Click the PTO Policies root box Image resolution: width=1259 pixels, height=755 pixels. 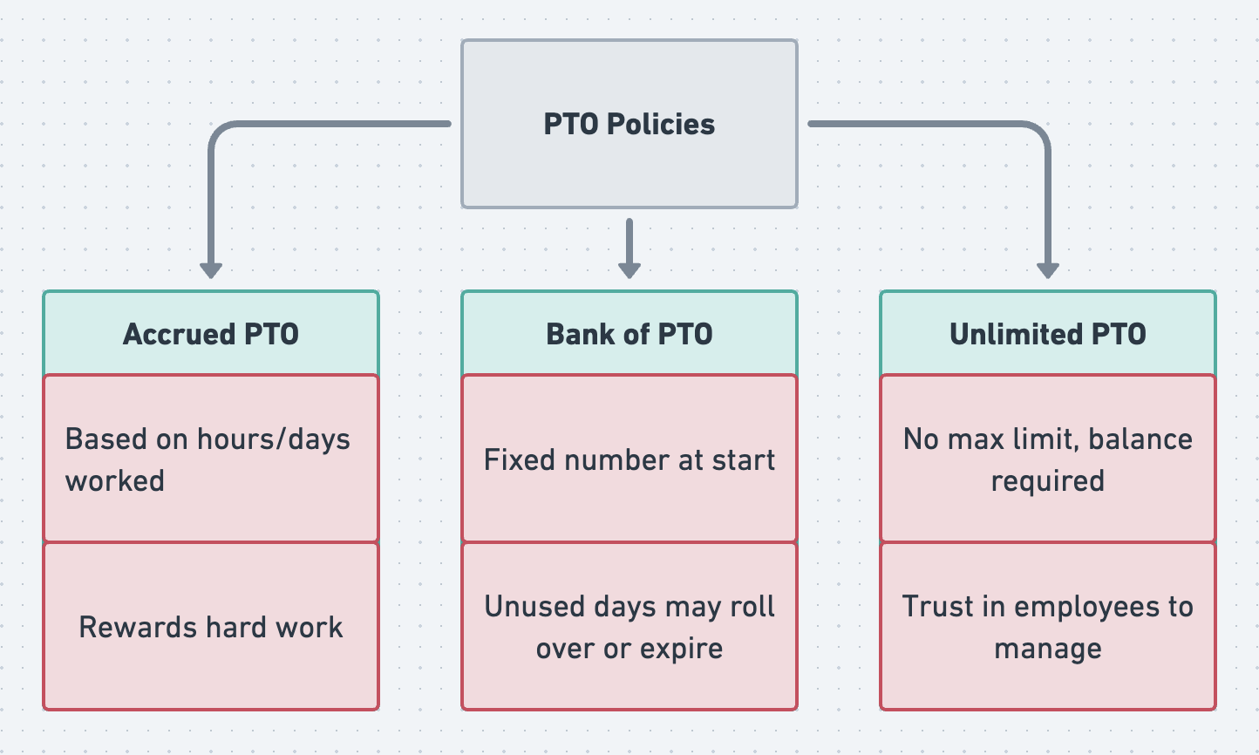coord(629,124)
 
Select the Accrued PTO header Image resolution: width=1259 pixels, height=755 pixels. coord(211,333)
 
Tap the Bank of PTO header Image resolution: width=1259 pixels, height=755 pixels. coord(629,333)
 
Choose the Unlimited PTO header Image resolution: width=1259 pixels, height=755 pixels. coord(1048,333)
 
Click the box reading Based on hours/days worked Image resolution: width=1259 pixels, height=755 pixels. coord(211,459)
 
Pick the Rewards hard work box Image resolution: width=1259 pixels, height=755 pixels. coord(211,626)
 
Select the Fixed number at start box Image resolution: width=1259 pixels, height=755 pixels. coord(629,459)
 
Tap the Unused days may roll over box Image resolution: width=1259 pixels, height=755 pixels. coord(629,626)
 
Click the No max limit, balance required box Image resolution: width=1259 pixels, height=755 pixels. coord(1048,459)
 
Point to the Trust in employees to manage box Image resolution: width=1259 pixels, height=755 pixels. coord(1048,626)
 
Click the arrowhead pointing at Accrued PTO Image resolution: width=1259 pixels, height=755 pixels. coord(211,270)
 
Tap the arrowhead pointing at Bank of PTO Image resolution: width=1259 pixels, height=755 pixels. coord(629,270)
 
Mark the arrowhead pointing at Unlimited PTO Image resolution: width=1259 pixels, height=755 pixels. coord(1048,270)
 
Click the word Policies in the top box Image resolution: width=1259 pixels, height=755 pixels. coord(661,125)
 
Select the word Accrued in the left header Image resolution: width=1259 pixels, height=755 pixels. coord(179,334)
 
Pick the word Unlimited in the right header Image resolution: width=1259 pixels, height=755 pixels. coord(1016,334)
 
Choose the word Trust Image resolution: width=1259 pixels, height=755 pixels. coord(937,606)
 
